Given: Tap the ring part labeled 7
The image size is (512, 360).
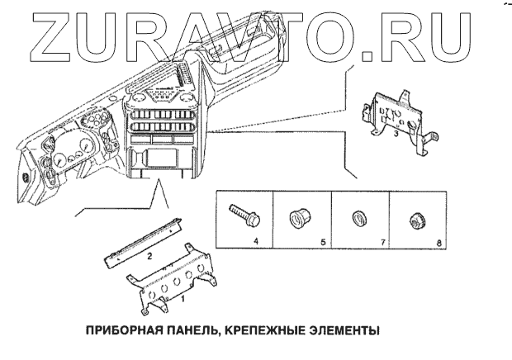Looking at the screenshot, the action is pyautogui.click(x=357, y=219).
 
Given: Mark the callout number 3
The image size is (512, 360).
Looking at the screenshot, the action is pyautogui.click(x=397, y=134).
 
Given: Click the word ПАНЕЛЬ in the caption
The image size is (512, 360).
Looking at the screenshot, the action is pyautogui.click(x=187, y=331).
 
